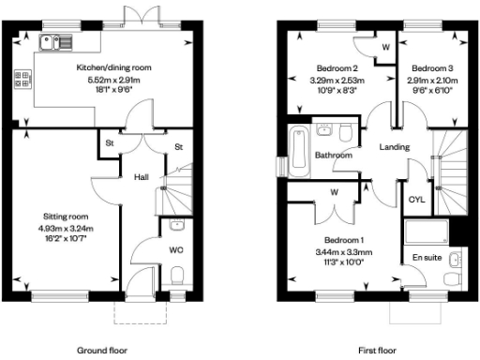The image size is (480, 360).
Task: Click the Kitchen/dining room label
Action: pos(112,68)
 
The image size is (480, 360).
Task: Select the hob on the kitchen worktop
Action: pos(21,82)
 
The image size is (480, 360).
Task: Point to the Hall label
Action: pos(141,176)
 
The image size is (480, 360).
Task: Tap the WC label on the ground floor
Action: pos(175,250)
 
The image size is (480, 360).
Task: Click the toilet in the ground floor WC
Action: pos(176,274)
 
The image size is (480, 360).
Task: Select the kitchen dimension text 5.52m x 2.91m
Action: pos(112,81)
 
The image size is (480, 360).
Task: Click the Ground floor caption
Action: pos(101,350)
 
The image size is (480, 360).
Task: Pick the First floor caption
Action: pos(377,350)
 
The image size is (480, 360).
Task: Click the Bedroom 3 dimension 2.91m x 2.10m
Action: pos(431,81)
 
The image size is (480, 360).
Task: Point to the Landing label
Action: pos(395,147)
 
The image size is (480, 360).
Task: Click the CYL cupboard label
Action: pos(417,199)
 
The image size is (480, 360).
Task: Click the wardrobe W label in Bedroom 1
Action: pos(334,194)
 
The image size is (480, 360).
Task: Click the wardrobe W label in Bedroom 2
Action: pos(385,46)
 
